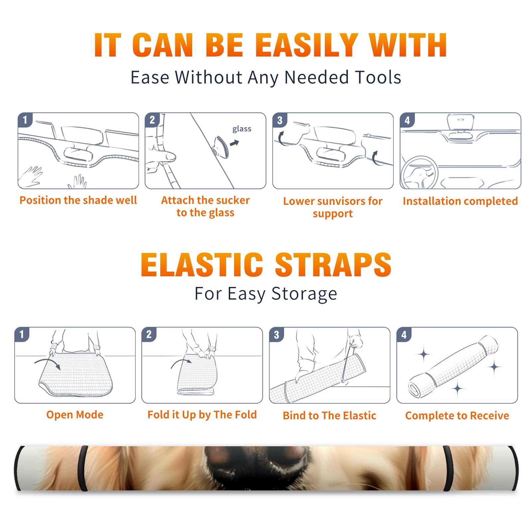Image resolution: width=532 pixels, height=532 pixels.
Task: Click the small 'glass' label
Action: (x=242, y=129)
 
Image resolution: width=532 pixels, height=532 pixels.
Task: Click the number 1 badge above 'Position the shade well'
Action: (x=25, y=120)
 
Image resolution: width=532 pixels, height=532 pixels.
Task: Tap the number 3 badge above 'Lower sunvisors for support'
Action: (x=280, y=120)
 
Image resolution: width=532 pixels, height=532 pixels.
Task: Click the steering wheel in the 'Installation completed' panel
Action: (x=419, y=173)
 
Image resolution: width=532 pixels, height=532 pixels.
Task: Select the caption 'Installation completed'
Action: (x=460, y=201)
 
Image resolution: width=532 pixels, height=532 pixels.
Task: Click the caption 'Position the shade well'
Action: (x=78, y=200)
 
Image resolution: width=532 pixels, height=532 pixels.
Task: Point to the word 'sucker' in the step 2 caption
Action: (x=233, y=200)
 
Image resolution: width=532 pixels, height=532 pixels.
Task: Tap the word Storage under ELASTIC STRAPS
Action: (x=304, y=294)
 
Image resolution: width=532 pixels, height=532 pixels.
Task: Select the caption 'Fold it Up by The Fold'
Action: (x=202, y=415)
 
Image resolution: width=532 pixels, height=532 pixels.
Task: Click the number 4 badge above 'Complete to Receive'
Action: (x=404, y=334)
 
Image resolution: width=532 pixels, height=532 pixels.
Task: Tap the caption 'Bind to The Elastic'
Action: (x=330, y=416)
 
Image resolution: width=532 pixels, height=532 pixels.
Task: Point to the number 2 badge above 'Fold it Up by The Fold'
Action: (x=149, y=334)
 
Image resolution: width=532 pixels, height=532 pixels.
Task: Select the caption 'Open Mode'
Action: (x=75, y=415)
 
